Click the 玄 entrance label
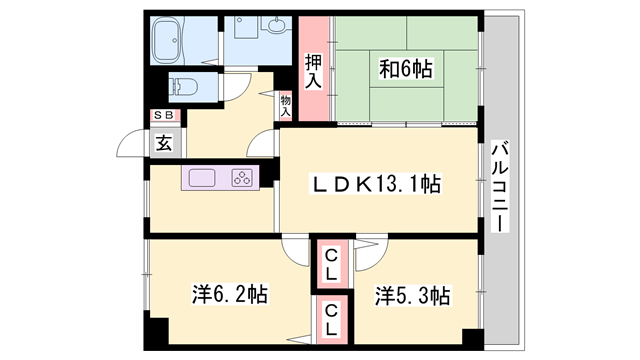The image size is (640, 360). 163,142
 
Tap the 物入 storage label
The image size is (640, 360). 285,105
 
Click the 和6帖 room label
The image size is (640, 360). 405,69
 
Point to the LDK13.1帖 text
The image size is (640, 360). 374,184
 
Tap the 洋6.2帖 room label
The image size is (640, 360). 229,295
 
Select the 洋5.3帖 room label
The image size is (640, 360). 412,295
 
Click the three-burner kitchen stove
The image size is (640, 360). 241,179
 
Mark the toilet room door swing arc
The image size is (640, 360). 232,88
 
